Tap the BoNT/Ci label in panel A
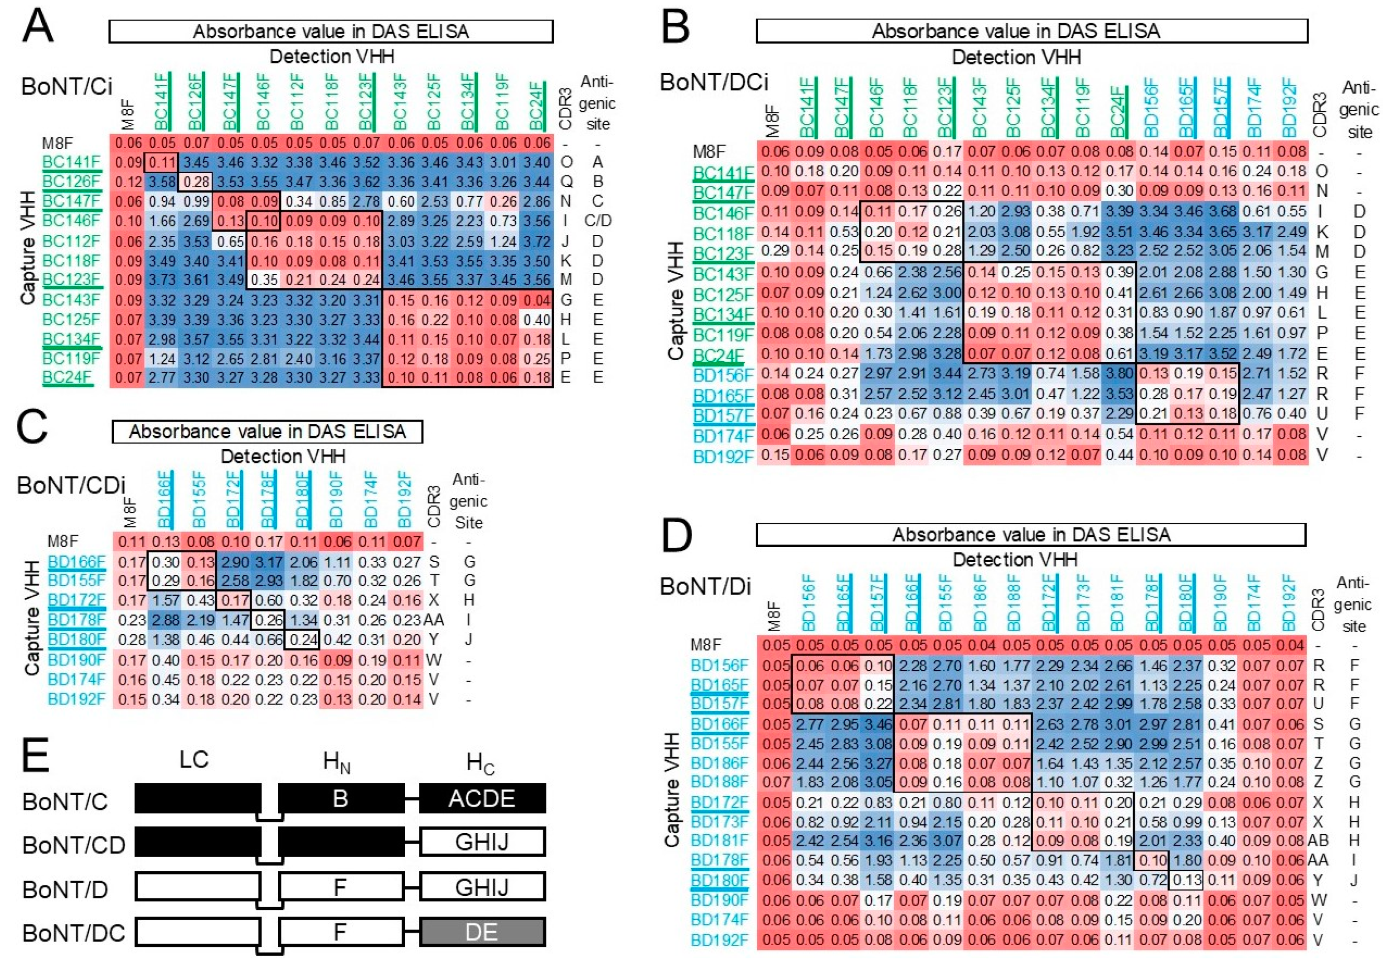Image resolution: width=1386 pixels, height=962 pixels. click(x=66, y=87)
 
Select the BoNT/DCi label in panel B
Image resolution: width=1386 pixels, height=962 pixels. click(x=714, y=81)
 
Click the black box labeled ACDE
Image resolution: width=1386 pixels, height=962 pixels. click(x=482, y=799)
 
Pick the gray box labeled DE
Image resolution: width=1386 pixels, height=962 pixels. click(x=482, y=933)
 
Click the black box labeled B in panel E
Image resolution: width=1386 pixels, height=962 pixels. click(x=340, y=799)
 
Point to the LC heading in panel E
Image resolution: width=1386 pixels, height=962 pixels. click(x=194, y=759)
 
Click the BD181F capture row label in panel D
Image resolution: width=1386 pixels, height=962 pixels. click(x=718, y=840)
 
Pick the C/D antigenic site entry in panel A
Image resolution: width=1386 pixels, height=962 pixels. click(x=597, y=221)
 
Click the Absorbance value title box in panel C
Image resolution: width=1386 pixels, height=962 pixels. click(x=267, y=432)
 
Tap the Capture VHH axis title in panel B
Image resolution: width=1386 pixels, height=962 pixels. click(x=676, y=301)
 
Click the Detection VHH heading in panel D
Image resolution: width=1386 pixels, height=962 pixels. click(x=1014, y=560)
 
